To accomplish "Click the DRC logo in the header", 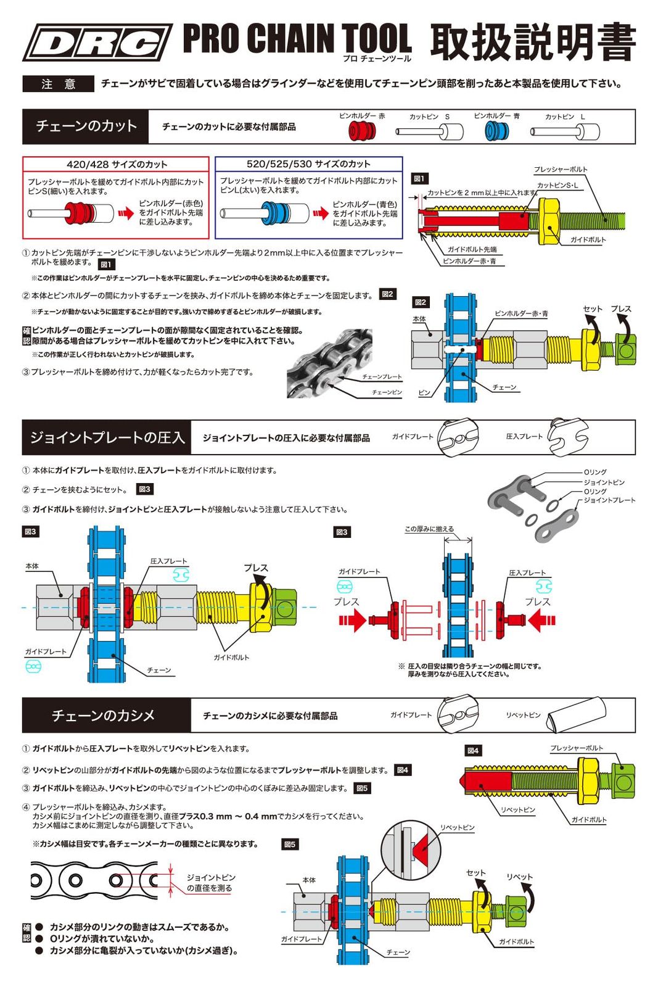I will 97,43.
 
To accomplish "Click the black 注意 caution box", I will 58,84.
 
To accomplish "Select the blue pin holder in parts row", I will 496,131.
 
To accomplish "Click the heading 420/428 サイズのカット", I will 117,165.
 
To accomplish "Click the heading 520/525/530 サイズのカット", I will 308,164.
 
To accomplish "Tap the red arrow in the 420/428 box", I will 126,213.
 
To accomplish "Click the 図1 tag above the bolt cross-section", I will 419,179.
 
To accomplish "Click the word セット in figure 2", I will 592,308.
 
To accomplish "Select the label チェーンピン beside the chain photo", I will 387,392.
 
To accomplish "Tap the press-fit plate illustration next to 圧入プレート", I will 567,436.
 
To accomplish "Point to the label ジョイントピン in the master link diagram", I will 604,482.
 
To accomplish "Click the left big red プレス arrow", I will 353,620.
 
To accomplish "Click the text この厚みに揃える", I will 429,529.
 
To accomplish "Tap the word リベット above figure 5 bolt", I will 519,877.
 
